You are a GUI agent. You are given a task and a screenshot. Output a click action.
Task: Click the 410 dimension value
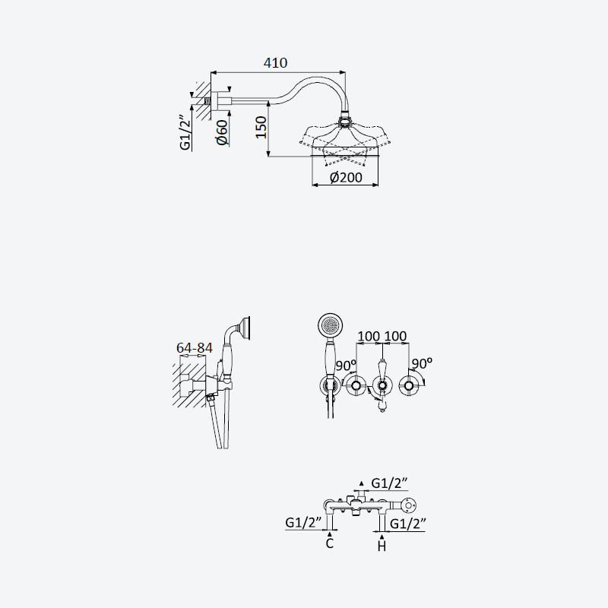click(275, 63)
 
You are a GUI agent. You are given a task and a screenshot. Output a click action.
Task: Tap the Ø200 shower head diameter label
click(346, 178)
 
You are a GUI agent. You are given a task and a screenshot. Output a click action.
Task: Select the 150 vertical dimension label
click(261, 127)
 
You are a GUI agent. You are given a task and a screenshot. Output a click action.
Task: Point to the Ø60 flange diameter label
click(223, 132)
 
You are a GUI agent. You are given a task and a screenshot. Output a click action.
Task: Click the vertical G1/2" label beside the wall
click(185, 133)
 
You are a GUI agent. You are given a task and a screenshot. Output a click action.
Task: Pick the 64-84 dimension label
click(195, 348)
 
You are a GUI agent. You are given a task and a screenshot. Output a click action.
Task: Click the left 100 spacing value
click(369, 336)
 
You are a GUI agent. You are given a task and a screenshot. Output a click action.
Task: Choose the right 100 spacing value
click(395, 336)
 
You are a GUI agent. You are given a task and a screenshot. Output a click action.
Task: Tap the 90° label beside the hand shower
click(346, 366)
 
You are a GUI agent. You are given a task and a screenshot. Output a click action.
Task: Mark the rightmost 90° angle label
click(422, 363)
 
